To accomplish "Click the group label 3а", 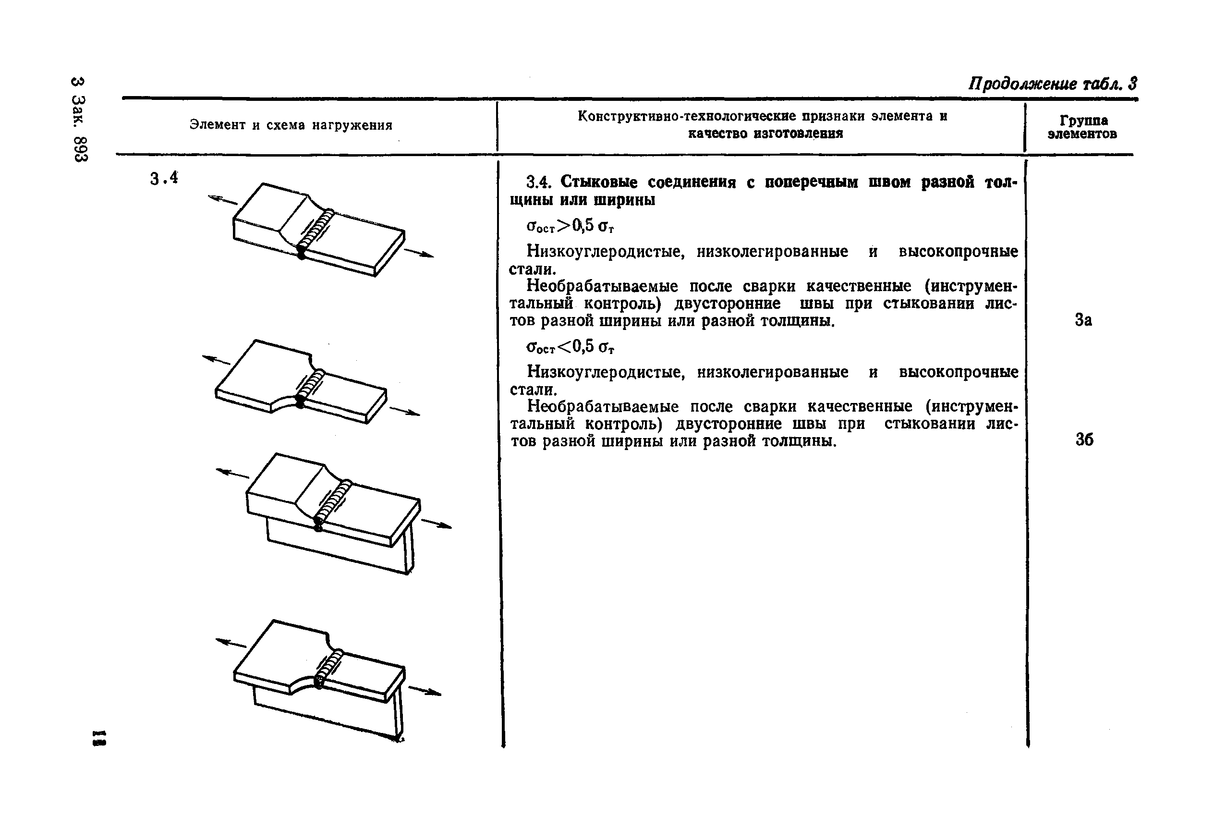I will [x=1083, y=320].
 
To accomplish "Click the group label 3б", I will [x=1084, y=440].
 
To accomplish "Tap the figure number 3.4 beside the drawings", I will [x=164, y=179].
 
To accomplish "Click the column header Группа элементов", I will [x=1082, y=127].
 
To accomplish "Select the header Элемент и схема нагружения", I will [x=291, y=125].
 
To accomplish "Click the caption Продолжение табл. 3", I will [x=1053, y=84].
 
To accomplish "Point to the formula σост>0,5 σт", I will [x=571, y=226].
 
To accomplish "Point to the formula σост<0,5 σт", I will [x=571, y=346].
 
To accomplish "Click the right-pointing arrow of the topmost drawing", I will [x=419, y=253].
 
